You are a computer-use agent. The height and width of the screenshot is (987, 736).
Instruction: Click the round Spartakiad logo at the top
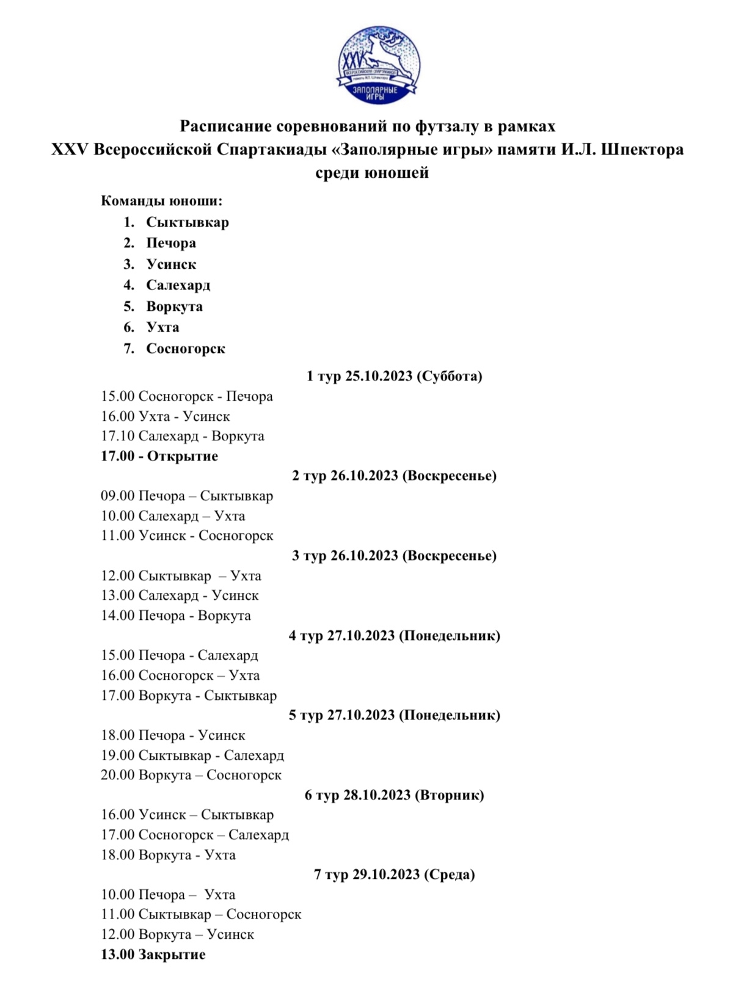pos(379,65)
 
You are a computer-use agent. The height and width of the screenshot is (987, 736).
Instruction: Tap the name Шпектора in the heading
pos(642,150)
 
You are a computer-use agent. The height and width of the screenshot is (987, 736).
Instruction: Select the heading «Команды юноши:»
pos(162,201)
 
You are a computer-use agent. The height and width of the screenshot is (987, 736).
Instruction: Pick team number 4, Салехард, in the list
pos(178,285)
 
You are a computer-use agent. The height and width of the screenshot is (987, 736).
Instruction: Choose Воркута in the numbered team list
pos(174,307)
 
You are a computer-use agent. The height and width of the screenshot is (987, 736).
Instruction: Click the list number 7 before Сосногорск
pos(129,349)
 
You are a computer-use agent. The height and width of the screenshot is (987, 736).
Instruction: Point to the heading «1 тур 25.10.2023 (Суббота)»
pos(394,376)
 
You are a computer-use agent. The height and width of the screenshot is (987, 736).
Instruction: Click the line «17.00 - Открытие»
pos(159,456)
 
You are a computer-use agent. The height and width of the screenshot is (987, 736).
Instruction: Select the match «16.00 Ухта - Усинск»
pos(166,417)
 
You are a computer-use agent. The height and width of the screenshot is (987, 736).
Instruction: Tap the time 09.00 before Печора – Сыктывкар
pos(117,496)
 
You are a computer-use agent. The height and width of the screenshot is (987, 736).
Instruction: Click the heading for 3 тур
pos(394,556)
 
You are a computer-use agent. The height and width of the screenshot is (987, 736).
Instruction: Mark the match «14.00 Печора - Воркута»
pos(176,616)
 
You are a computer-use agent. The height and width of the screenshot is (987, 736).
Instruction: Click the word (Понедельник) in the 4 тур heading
pos(450,636)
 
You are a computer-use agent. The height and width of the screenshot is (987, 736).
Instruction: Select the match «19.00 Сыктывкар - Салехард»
pos(192,756)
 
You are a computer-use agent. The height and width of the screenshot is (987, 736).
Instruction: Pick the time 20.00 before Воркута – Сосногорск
pos(117,775)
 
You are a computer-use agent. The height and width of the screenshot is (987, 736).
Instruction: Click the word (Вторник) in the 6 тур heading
pos(449,795)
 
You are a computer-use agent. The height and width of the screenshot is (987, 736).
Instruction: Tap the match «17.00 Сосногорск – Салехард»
pos(195,835)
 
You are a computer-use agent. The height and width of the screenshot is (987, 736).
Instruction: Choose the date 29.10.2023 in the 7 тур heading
pos(386,875)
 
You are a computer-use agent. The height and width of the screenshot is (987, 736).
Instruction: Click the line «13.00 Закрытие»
pos(153,955)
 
